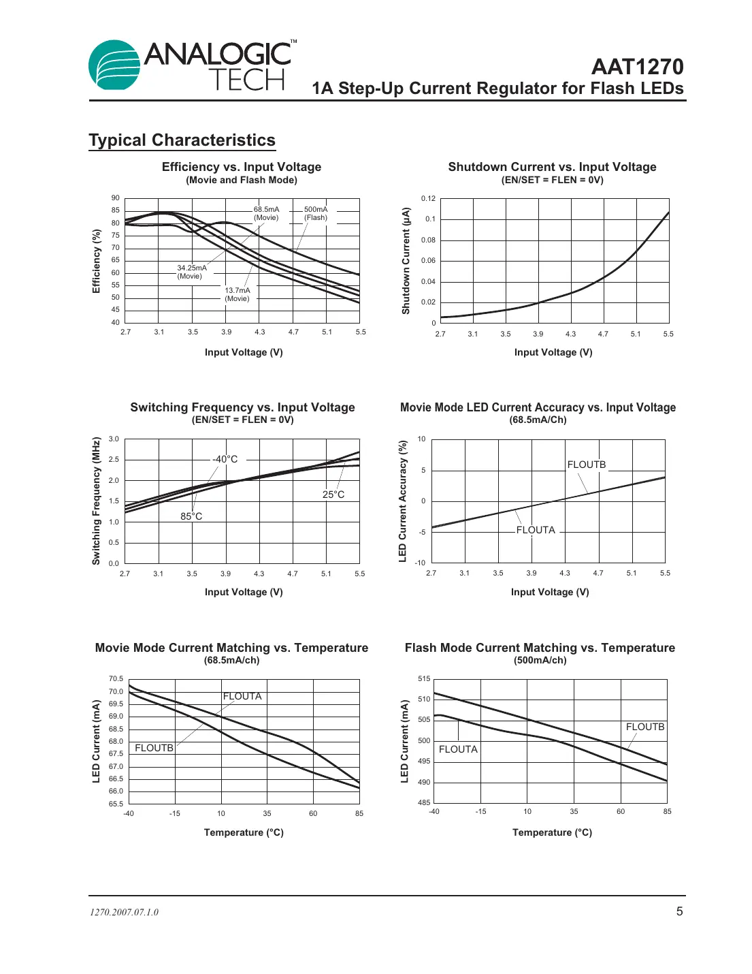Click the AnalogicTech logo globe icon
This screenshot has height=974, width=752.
[114, 65]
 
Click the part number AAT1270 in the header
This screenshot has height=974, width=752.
[637, 67]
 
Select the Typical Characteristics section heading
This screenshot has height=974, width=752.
[182, 140]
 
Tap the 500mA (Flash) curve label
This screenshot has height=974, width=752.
[316, 214]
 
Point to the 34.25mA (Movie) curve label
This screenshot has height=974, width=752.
[191, 272]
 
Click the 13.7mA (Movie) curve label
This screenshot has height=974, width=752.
[238, 294]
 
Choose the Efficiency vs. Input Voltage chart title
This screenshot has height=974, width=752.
[242, 167]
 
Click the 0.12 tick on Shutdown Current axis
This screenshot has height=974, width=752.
[428, 199]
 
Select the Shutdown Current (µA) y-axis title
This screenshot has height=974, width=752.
[406, 261]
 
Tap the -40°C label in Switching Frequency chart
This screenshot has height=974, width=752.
[225, 459]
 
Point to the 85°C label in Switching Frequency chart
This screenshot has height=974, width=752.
[191, 516]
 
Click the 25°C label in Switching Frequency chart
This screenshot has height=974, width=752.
[333, 494]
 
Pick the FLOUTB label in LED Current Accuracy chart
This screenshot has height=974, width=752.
[587, 465]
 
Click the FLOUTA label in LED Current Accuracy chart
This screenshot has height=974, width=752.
[536, 530]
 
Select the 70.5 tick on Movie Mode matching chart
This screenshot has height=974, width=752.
[116, 679]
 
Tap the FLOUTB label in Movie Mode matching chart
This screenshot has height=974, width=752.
[154, 748]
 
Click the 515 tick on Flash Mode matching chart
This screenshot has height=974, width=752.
[424, 679]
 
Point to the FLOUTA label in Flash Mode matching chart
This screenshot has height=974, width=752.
[458, 749]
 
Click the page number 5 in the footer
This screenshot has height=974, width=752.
[679, 911]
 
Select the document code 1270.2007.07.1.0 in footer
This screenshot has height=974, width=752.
[125, 913]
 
